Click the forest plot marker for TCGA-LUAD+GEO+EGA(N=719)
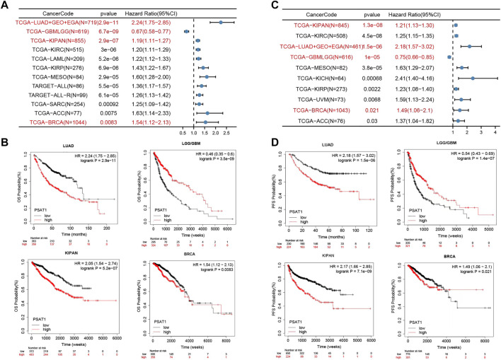[x=221, y=22]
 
